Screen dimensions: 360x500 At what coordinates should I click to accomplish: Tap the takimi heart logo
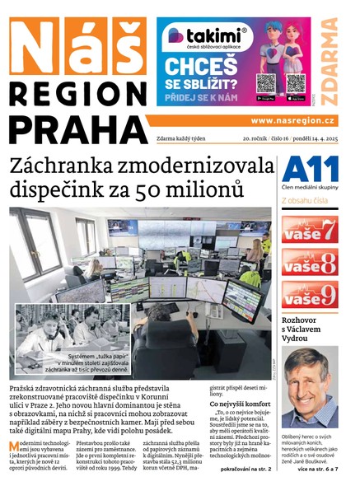tap(175, 35)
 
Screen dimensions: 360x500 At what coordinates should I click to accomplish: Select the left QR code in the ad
tap(265, 82)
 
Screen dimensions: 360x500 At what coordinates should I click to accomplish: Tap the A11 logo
tap(309, 170)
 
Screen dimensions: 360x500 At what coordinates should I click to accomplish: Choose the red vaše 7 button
tap(310, 229)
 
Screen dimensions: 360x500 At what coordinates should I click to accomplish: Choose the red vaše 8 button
tap(310, 262)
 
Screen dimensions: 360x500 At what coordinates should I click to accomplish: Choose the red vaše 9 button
tap(310, 295)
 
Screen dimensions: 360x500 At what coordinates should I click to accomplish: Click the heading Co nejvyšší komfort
tap(241, 404)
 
